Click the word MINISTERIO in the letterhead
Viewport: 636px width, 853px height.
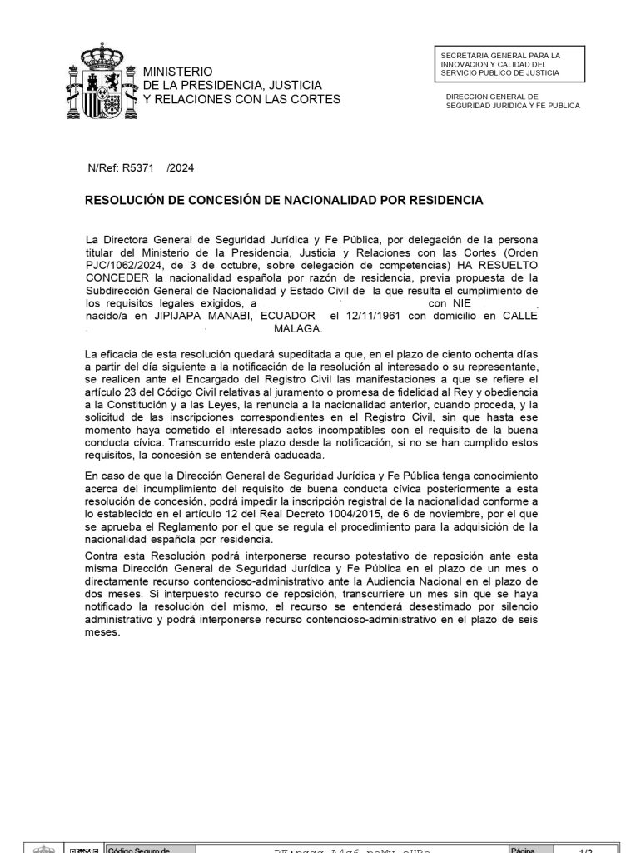[x=177, y=72]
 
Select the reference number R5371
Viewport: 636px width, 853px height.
[x=138, y=167]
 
